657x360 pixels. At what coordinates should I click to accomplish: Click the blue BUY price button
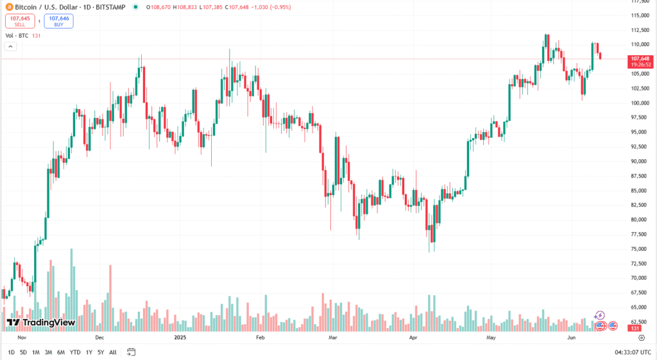coord(58,21)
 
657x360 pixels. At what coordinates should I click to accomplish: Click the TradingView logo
coord(41,322)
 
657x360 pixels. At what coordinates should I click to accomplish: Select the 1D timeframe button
coord(12,352)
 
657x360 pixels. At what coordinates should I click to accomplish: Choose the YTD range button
coord(75,352)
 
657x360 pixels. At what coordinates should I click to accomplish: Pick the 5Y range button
coord(101,352)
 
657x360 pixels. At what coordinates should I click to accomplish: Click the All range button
coord(113,352)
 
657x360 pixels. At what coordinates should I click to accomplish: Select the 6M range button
coord(61,352)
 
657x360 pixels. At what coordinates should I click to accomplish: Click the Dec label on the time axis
coord(99,336)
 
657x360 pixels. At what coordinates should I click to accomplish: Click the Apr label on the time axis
coord(414,336)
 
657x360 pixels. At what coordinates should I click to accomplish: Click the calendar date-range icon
coord(132,352)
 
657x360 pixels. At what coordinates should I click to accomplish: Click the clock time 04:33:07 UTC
coord(629,352)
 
